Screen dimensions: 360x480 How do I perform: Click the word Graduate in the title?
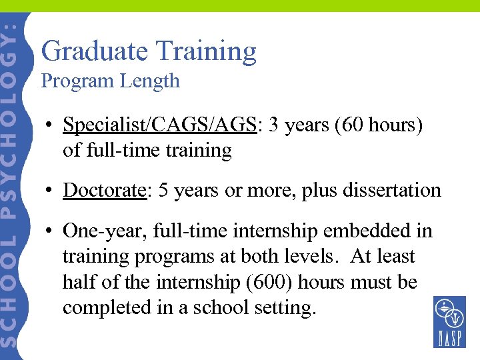[94, 51]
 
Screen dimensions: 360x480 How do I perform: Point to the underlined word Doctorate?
[105, 190]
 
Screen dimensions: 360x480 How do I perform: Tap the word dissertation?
[392, 190]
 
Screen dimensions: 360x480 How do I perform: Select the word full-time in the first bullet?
[114, 151]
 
